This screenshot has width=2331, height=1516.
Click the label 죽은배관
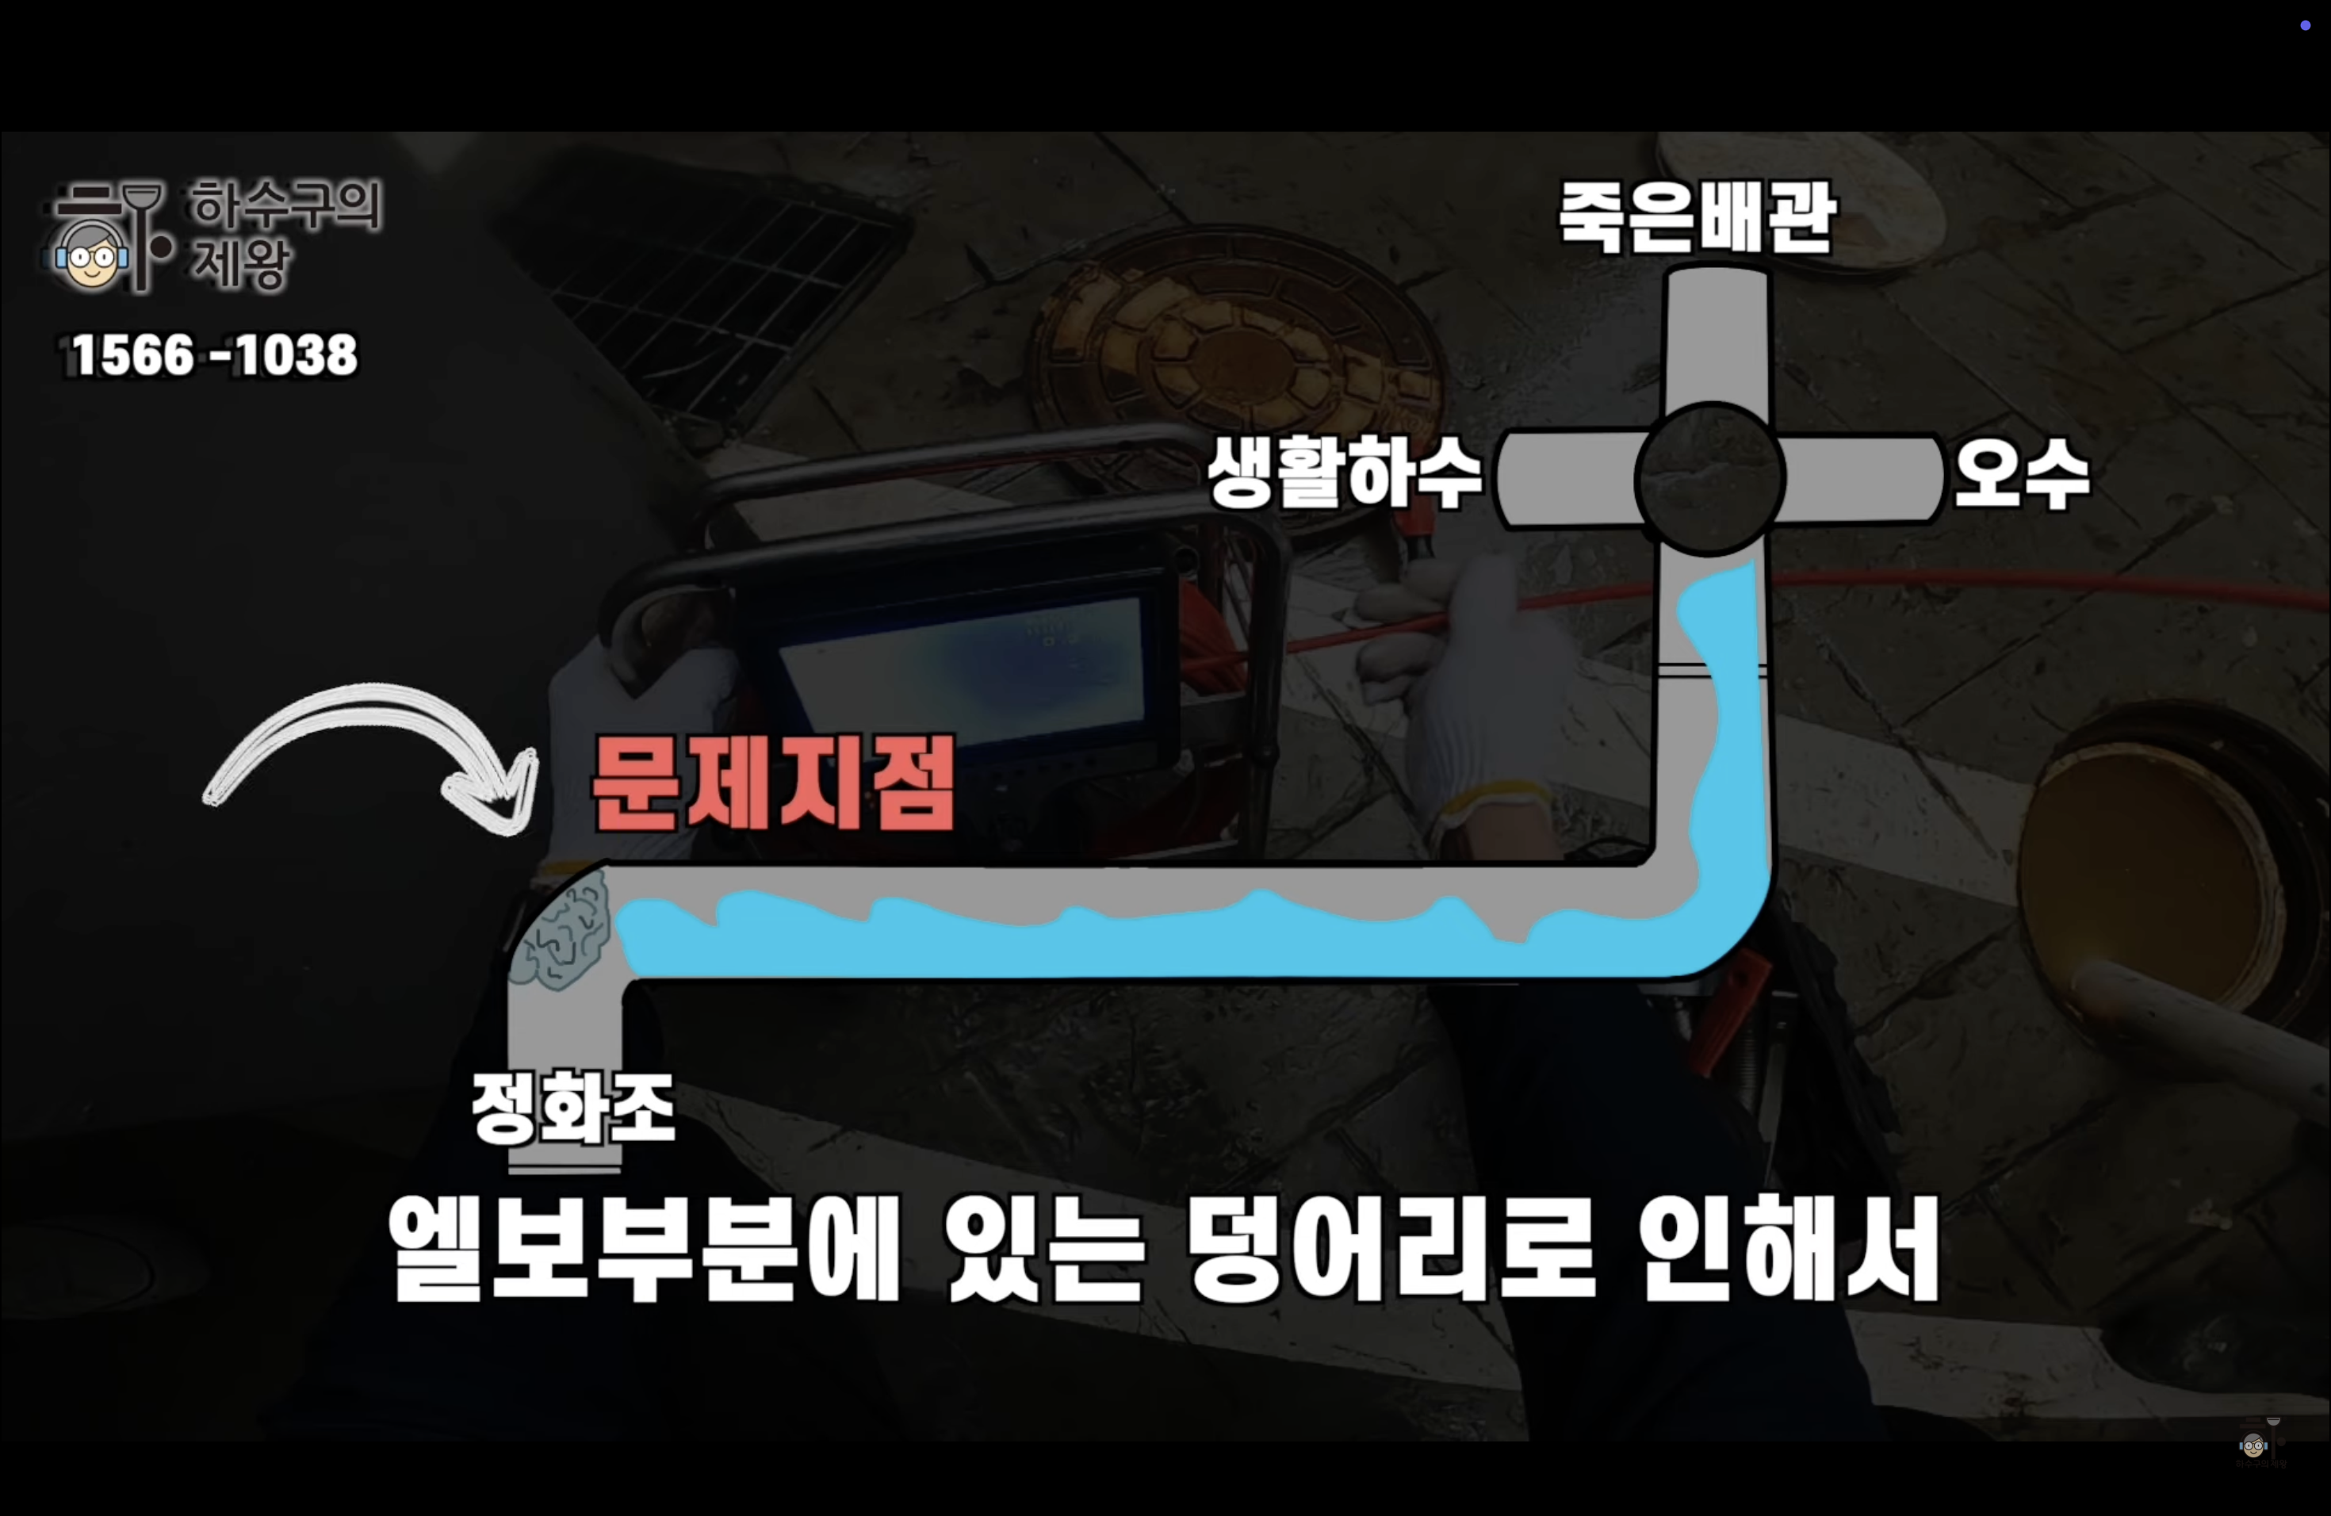[1697, 216]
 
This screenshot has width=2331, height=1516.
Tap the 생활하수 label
[1344, 473]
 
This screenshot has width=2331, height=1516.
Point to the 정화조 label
[574, 1107]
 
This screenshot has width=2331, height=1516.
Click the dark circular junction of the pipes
[1709, 479]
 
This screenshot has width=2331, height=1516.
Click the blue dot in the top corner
[2306, 25]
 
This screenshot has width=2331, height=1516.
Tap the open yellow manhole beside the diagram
[2155, 862]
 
